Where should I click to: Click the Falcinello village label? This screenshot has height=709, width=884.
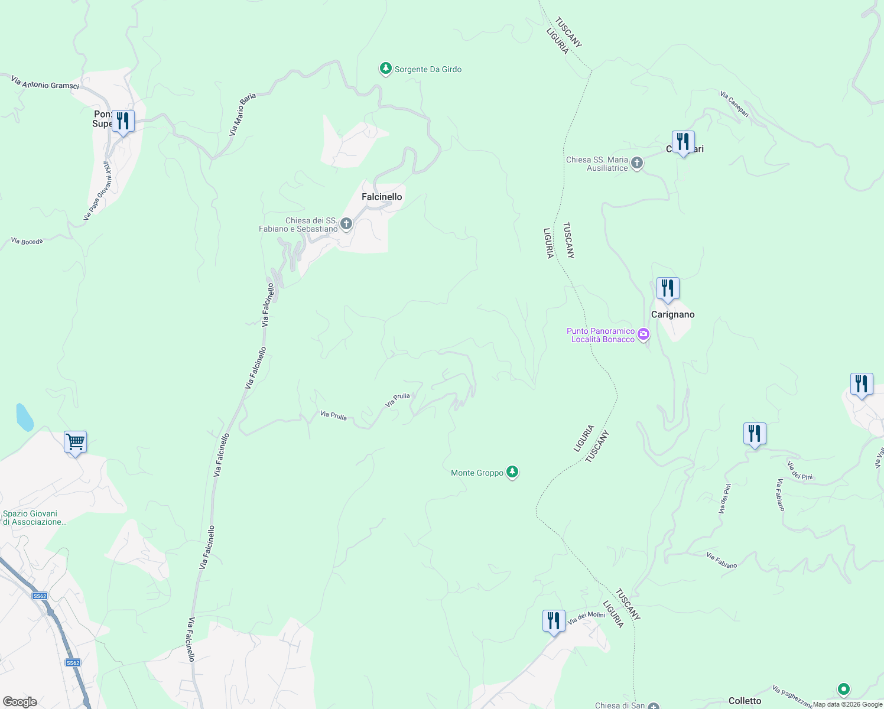click(x=382, y=197)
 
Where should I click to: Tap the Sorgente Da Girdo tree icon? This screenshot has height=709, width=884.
click(x=386, y=69)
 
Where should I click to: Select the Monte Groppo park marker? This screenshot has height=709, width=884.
click(x=512, y=472)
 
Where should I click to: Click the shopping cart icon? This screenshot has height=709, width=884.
click(x=76, y=442)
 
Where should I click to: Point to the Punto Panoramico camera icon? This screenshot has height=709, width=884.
click(x=643, y=335)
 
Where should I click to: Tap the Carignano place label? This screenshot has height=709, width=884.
click(x=672, y=314)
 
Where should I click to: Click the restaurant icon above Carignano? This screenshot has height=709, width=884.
click(x=668, y=288)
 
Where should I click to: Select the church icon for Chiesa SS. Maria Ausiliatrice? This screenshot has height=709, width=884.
click(x=636, y=163)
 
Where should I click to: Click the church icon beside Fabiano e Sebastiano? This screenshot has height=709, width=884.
click(x=346, y=224)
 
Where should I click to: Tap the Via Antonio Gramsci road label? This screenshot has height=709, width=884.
click(x=45, y=82)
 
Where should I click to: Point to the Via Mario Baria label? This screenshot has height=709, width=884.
click(x=242, y=115)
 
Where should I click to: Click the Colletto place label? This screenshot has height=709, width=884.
click(x=745, y=701)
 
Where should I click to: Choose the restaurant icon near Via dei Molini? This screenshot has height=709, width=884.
click(x=554, y=621)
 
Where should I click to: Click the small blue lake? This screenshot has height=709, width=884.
click(x=24, y=417)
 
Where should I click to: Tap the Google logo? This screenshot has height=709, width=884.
click(x=20, y=702)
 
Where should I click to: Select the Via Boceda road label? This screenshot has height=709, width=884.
click(x=27, y=241)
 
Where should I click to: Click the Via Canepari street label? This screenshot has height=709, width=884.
click(x=734, y=103)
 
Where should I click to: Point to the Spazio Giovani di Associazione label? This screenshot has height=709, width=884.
click(x=34, y=518)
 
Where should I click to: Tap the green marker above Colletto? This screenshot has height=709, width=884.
click(x=844, y=689)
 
